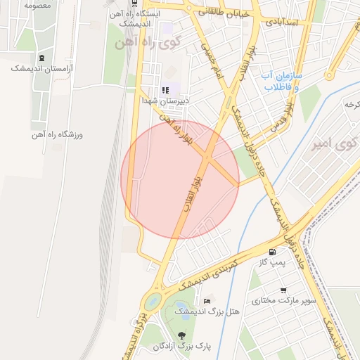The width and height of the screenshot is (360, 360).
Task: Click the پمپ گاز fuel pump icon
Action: [x=272, y=251]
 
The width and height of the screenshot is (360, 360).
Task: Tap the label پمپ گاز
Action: [x=271, y=262]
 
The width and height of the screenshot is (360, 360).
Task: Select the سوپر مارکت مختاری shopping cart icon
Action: [x=283, y=290]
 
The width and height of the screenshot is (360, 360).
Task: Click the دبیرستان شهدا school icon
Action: [x=166, y=89]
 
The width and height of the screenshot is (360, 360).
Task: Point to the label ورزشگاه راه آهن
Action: [x=56, y=134]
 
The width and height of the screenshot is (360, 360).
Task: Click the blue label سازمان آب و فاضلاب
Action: [x=282, y=81]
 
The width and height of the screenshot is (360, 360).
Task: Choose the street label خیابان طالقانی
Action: [x=224, y=11]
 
